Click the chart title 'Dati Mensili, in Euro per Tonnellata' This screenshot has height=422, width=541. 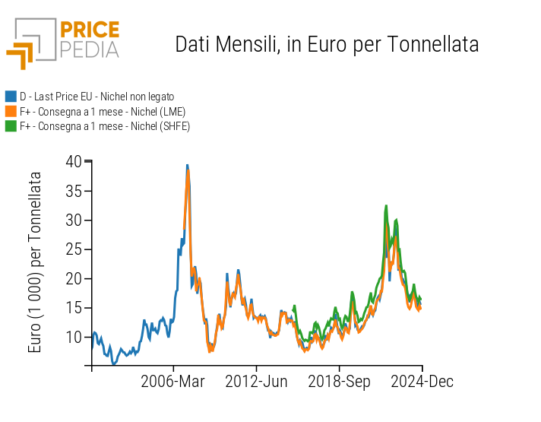tap(327, 45)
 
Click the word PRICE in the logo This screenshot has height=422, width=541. tap(89, 30)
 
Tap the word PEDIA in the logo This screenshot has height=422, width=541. tap(89, 50)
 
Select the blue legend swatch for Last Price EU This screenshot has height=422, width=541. tap(11, 97)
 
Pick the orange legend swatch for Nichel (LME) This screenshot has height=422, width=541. tap(11, 111)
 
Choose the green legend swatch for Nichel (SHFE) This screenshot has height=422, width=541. tap(11, 125)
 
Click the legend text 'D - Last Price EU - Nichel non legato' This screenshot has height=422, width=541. tap(96, 97)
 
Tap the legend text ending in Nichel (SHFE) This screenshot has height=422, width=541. tap(104, 125)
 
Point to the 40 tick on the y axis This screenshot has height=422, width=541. tap(73, 161)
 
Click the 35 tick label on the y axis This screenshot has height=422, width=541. tap(73, 191)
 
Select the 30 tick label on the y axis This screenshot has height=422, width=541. tap(73, 220)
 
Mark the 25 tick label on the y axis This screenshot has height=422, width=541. tap(73, 249)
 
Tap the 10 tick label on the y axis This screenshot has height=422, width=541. tap(73, 337)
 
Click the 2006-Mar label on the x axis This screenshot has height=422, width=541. tap(173, 381)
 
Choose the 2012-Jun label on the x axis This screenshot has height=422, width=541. tap(256, 381)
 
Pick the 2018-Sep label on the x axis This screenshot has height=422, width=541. tap(339, 381)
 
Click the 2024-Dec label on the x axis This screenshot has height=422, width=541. tap(422, 381)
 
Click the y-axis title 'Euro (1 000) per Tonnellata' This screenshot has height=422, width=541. tap(35, 262)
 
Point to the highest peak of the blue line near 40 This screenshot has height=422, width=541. tap(187, 164)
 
